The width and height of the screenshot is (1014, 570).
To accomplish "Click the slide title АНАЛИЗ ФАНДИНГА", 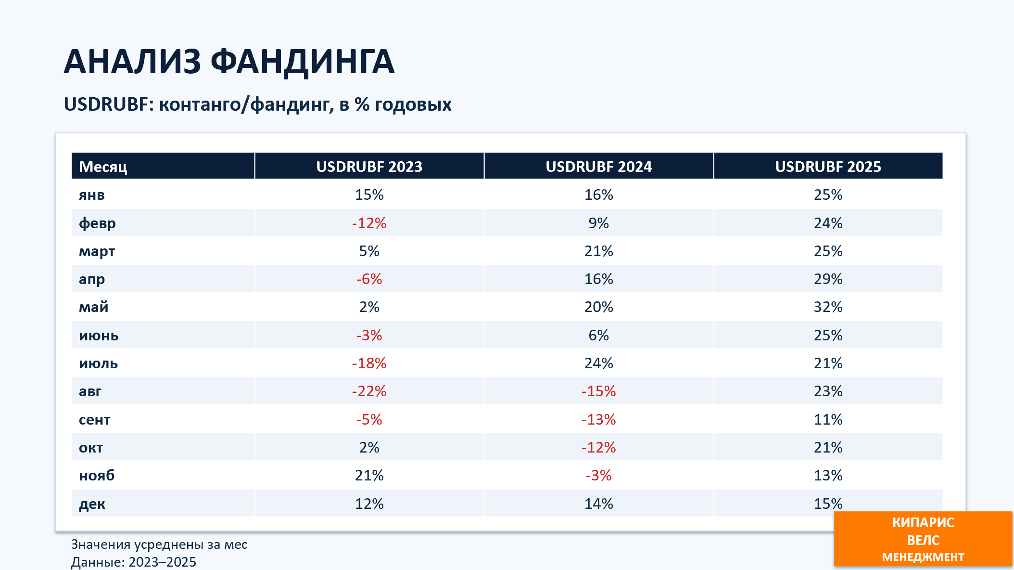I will tap(229, 62).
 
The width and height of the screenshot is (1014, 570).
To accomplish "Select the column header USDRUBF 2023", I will tap(369, 167).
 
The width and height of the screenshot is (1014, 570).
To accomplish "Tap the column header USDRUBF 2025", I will tap(828, 167).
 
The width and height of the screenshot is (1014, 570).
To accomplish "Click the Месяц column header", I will tap(103, 167).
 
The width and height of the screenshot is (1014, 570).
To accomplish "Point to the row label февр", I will tap(97, 223).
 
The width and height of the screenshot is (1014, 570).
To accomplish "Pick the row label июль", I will tap(98, 363).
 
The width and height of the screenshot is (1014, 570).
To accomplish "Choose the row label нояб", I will tap(97, 475).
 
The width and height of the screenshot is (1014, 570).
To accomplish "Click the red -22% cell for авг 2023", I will tap(369, 391).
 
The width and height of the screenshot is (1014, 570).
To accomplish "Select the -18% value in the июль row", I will tap(369, 363).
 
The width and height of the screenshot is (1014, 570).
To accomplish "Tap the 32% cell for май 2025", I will tap(828, 307).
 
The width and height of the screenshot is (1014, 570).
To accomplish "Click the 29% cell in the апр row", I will tap(828, 279).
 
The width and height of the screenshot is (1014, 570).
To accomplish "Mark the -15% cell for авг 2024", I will tap(598, 391).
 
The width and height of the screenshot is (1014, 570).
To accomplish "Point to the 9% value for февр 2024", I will tap(598, 223).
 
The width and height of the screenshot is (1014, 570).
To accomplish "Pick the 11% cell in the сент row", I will tap(828, 419).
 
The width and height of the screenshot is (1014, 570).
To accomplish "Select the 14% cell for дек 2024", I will tap(598, 504).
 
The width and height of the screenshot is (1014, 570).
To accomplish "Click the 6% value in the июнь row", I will tap(598, 335).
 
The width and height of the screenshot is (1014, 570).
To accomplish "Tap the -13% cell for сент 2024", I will tap(598, 419).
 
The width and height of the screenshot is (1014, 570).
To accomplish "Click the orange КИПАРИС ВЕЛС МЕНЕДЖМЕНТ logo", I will tap(923, 539).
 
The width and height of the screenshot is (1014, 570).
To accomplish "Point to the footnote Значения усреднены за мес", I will tap(159, 544).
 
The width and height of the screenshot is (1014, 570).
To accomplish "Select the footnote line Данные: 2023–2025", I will tap(134, 562).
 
